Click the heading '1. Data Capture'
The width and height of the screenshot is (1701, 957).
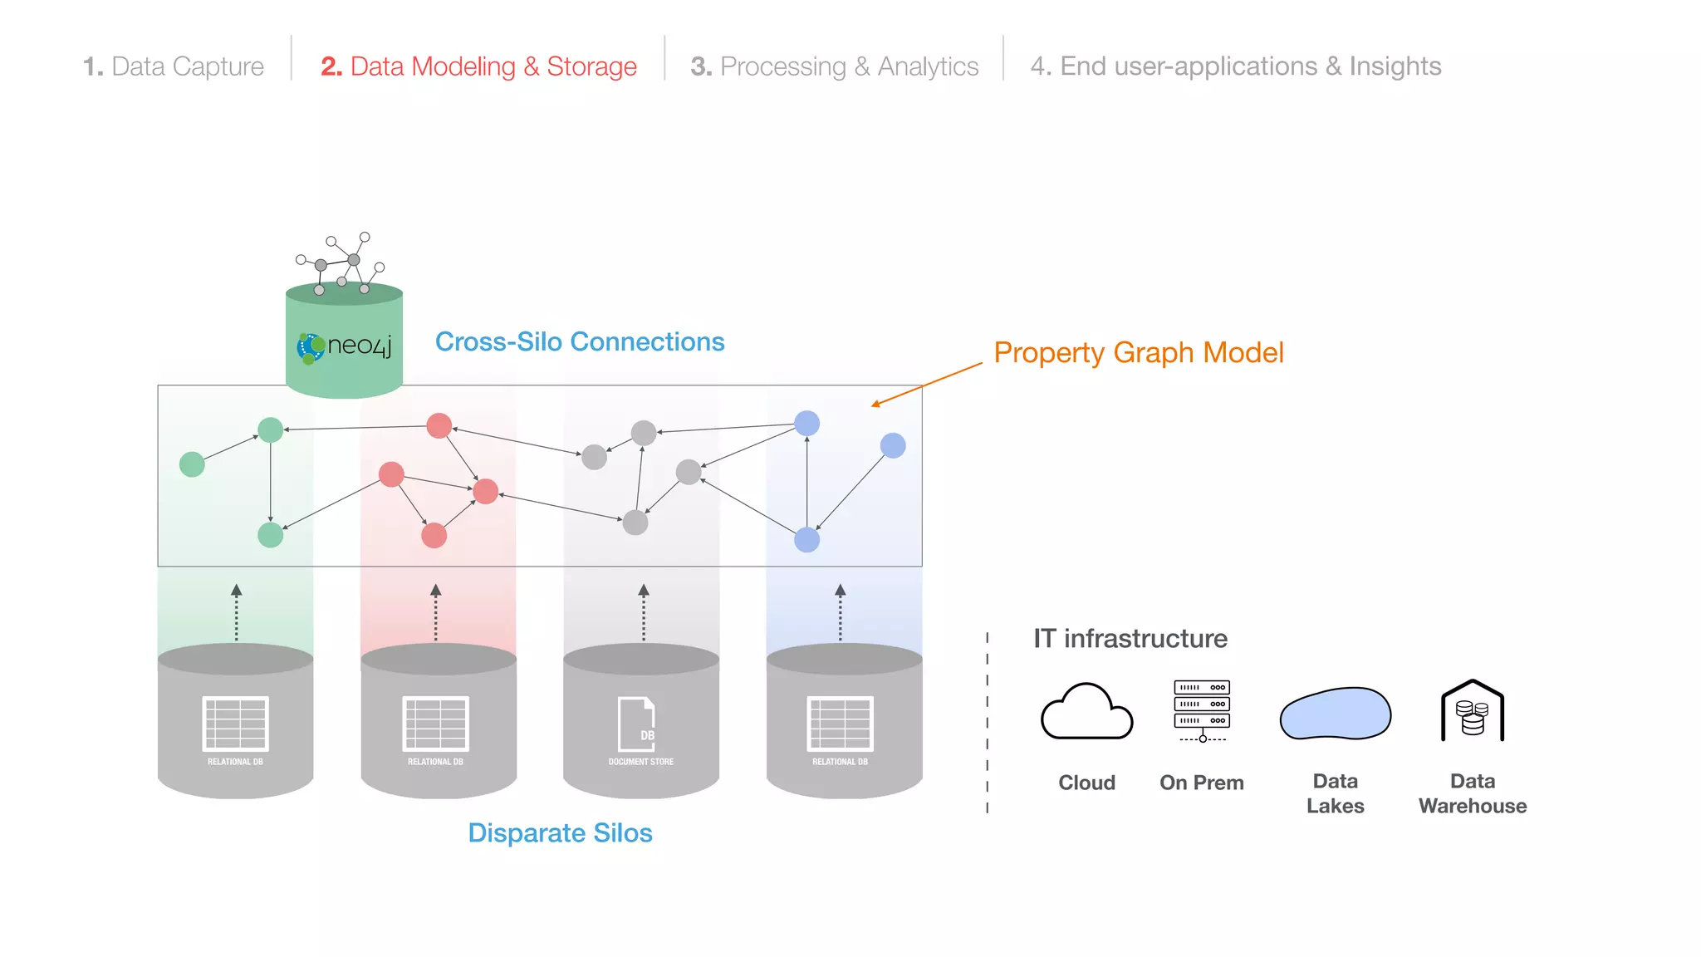pos(174,66)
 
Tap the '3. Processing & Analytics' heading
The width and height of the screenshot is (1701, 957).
pos(835,66)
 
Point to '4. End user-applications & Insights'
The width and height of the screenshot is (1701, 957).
pos(1236,66)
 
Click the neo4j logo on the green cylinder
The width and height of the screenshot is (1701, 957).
pos(344,346)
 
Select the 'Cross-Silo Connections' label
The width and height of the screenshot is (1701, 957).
pos(580,341)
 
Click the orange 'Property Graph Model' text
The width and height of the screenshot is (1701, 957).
pos(1139,353)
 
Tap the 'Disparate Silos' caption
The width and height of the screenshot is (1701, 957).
pos(560,832)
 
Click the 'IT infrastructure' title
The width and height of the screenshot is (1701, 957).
pos(1130,638)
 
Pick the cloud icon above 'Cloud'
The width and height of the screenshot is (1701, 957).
pos(1086,712)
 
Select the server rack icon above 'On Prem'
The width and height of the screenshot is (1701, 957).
pos(1202,710)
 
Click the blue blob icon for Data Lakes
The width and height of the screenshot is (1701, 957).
pos(1335,714)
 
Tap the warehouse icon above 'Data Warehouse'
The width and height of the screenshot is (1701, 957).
pos(1473,712)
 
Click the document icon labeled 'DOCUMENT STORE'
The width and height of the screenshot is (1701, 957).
pos(637,724)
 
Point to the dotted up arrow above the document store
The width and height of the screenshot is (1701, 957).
pos(644,612)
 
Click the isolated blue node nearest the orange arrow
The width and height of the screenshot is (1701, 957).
pos(893,446)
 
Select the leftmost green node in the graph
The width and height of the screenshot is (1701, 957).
pos(192,464)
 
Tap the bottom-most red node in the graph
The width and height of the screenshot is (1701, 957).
pos(434,535)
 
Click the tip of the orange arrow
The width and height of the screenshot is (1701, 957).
pos(872,405)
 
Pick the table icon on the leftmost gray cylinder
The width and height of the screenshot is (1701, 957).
pos(236,724)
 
